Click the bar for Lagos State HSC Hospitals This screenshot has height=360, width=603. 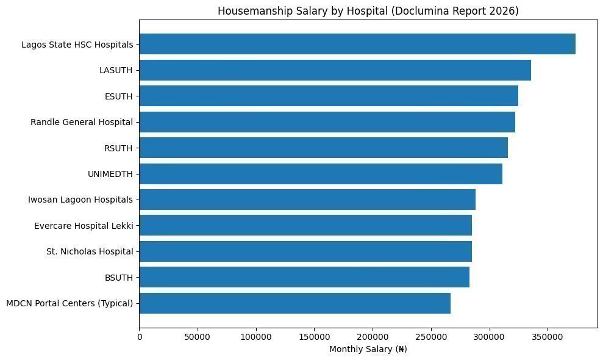click(357, 45)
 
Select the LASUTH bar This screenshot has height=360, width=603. click(335, 70)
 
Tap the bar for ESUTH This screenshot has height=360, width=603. click(329, 96)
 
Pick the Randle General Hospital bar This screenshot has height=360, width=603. click(327, 122)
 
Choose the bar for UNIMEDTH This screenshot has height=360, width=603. click(321, 174)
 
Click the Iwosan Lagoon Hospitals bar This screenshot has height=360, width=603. click(307, 200)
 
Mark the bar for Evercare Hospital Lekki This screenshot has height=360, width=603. click(305, 226)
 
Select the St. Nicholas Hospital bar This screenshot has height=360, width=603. click(305, 251)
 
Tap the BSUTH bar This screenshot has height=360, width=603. click(304, 277)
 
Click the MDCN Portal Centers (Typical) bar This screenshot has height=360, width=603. click(295, 303)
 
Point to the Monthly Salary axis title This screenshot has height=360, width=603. click(368, 350)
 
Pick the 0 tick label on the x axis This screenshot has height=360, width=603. click(140, 337)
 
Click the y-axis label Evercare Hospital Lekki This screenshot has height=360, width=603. click(84, 226)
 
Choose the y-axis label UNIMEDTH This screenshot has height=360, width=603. click(110, 174)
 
